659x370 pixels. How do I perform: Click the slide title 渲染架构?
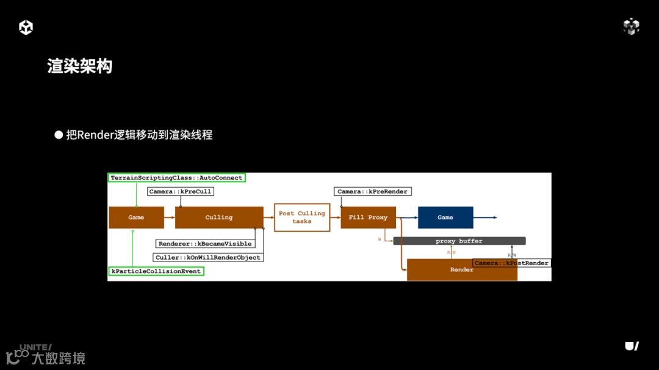[80, 66]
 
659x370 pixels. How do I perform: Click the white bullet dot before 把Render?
[59, 135]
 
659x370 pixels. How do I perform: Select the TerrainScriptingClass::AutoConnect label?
[176, 178]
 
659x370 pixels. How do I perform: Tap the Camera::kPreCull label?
[180, 191]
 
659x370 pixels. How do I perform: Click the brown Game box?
[136, 218]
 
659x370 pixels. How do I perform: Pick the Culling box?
[218, 218]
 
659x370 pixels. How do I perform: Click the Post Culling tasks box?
[301, 218]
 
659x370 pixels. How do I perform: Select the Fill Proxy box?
[368, 218]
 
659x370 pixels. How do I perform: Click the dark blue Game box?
[445, 218]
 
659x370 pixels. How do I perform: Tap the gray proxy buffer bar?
[459, 241]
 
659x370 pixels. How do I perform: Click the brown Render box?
[461, 269]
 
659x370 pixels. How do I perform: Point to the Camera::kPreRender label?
[372, 191]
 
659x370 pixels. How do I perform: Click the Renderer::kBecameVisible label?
[205, 244]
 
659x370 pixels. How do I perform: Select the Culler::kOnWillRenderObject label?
[208, 257]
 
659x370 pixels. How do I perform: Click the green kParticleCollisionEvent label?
[156, 271]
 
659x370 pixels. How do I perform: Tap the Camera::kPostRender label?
[511, 263]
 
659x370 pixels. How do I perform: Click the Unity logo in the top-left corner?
[26, 27]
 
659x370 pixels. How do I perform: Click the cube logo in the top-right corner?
[631, 26]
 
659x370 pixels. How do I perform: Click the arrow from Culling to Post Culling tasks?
[268, 218]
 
